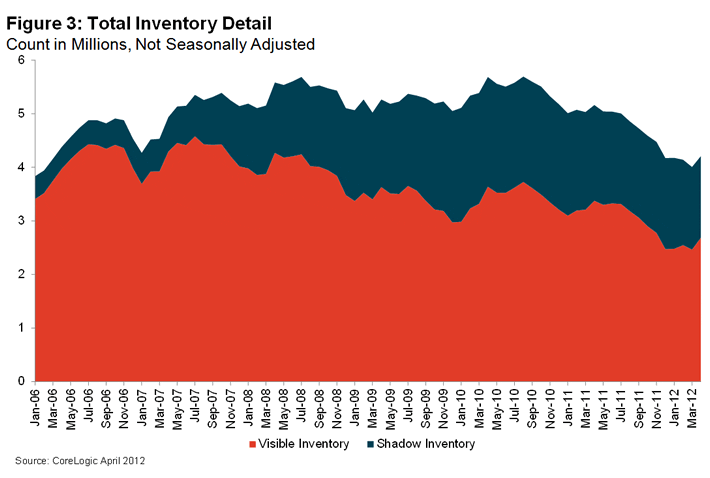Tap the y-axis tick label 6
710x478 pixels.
pyautogui.click(x=20, y=61)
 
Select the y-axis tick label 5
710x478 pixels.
pyautogui.click(x=20, y=114)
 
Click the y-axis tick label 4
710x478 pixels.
pyautogui.click(x=20, y=168)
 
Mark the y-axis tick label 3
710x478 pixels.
pyautogui.click(x=20, y=221)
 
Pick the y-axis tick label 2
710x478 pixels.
pyautogui.click(x=20, y=275)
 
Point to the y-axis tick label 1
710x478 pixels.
pyautogui.click(x=20, y=328)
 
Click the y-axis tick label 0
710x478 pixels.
pyautogui.click(x=20, y=381)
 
